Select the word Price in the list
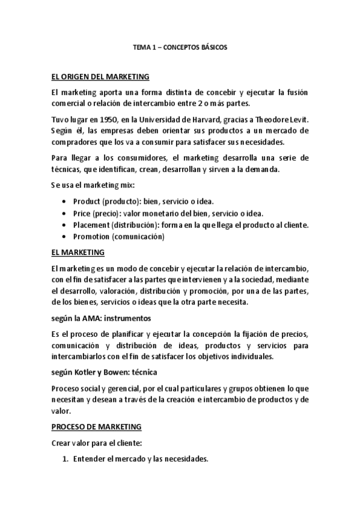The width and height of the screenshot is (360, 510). click(x=82, y=214)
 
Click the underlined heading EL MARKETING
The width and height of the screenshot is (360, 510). click(x=78, y=252)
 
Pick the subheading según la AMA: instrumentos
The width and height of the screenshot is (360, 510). click(x=101, y=318)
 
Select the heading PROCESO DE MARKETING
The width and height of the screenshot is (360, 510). click(x=96, y=427)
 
